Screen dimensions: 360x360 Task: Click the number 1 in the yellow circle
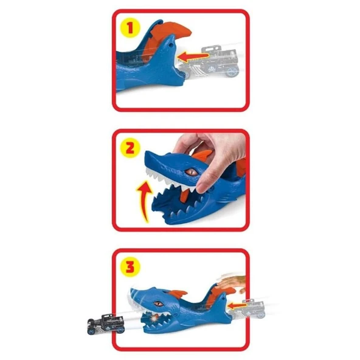click(x=128, y=28)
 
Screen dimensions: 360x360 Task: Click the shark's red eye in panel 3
click(x=161, y=299)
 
